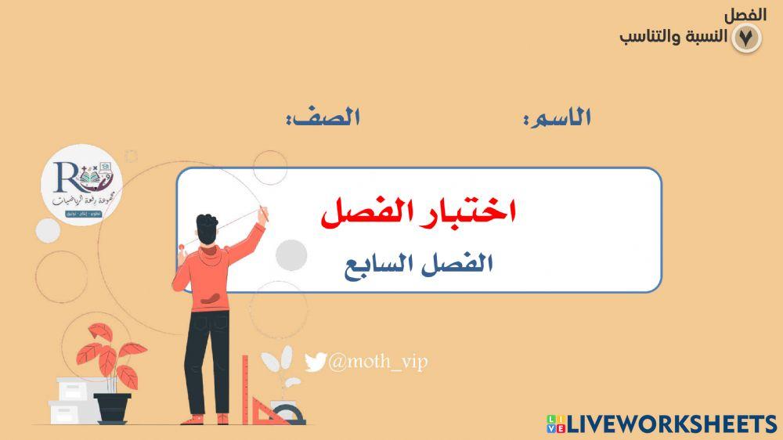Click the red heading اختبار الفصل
tap(418, 214)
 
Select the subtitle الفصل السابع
tap(418, 264)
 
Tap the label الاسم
tap(557, 117)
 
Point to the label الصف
tap(323, 117)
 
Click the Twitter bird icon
tap(315, 362)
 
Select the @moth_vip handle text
tap(378, 362)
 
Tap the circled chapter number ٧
tap(745, 38)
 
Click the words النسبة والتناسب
tap(673, 37)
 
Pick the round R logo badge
tap(81, 188)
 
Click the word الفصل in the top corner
tap(745, 15)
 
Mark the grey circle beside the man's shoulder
tap(291, 254)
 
